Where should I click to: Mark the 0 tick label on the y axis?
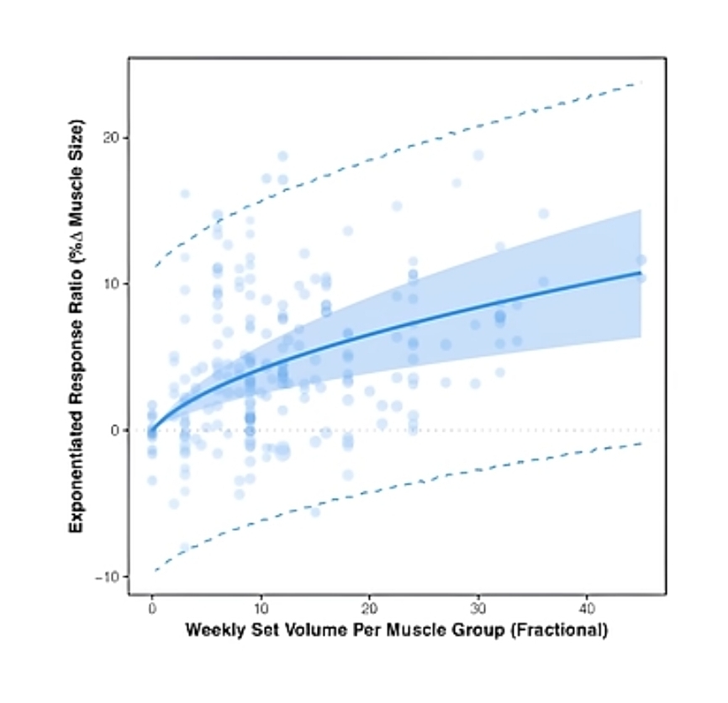pos(114,430)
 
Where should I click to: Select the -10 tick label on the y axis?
pos(108,576)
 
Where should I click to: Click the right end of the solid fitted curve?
pos(641,273)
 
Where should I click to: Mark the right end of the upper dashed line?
pos(641,82)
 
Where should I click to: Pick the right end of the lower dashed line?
pos(641,443)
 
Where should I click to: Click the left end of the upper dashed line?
pos(153,267)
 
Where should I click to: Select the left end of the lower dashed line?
pos(153,571)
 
